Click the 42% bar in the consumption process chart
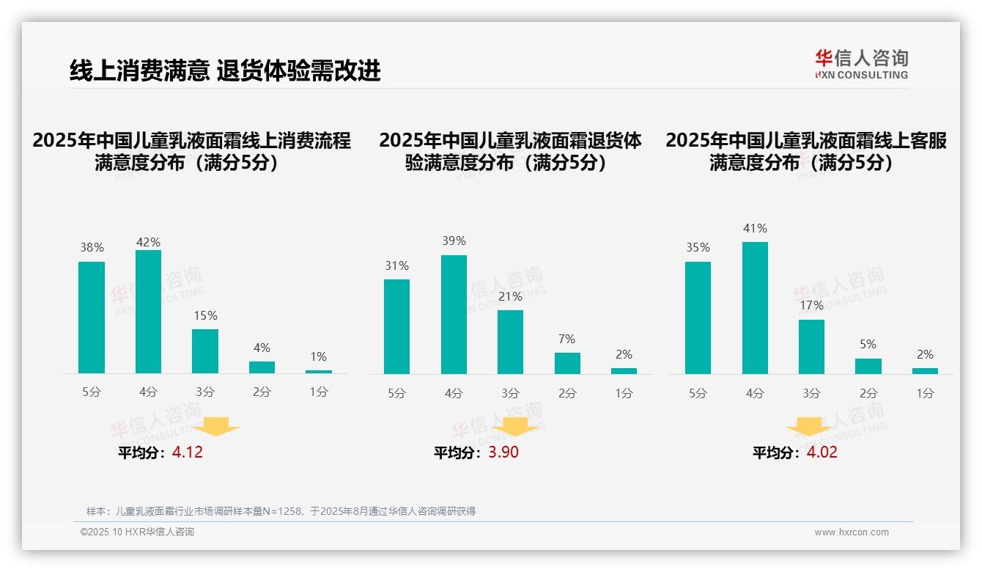pyautogui.click(x=148, y=312)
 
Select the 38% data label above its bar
pyautogui.click(x=92, y=248)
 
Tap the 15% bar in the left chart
pyautogui.click(x=205, y=351)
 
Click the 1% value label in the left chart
pyautogui.click(x=318, y=356)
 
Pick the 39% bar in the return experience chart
pyautogui.click(x=454, y=315)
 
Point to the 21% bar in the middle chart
pyautogui.click(x=510, y=342)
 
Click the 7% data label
pyautogui.click(x=566, y=339)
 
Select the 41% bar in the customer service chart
pyautogui.click(x=755, y=308)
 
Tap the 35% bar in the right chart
pyautogui.click(x=698, y=318)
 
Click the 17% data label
pyautogui.click(x=811, y=305)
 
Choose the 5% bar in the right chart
pyautogui.click(x=868, y=366)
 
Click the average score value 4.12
pyautogui.click(x=188, y=452)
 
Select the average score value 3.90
pyautogui.click(x=503, y=452)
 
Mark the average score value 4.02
pyautogui.click(x=822, y=452)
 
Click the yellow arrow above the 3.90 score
pyautogui.click(x=515, y=427)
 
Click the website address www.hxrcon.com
pyautogui.click(x=851, y=532)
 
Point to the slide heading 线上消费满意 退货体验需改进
pyautogui.click(x=225, y=70)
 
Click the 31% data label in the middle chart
pyautogui.click(x=396, y=265)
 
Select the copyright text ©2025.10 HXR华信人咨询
pyautogui.click(x=137, y=532)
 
